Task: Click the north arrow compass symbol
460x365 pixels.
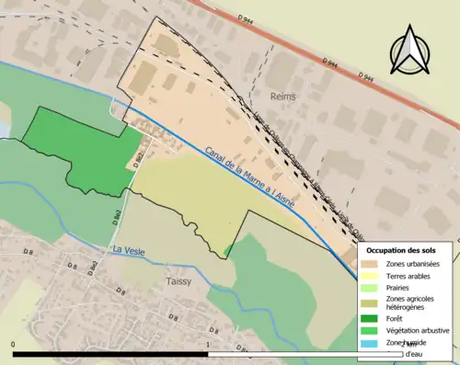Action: [x=410, y=51]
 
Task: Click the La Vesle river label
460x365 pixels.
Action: [x=128, y=250]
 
